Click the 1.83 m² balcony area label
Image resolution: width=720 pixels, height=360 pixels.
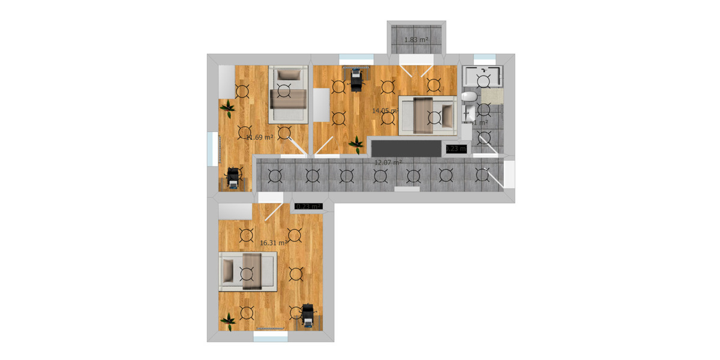click(x=416, y=40)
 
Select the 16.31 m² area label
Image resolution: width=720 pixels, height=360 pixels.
click(x=273, y=243)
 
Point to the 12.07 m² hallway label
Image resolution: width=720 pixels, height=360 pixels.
click(x=388, y=162)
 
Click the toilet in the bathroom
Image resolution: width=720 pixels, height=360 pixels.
click(x=470, y=97)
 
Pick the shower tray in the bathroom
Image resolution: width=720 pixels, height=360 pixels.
click(x=482, y=77)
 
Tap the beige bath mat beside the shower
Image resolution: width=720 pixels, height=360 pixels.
click(x=492, y=95)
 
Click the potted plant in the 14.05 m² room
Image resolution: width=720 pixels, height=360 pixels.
click(x=356, y=143)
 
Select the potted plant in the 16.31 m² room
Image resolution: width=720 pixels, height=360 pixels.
click(x=228, y=320)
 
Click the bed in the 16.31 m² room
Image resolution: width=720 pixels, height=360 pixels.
click(x=248, y=271)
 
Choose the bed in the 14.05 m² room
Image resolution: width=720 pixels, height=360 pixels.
click(x=427, y=115)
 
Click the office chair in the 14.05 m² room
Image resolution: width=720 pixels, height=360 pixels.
click(x=357, y=78)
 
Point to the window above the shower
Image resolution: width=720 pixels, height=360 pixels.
click(x=482, y=58)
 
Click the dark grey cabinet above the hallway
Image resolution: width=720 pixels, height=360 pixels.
click(x=405, y=148)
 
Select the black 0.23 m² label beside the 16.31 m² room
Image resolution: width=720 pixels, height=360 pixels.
click(x=308, y=206)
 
